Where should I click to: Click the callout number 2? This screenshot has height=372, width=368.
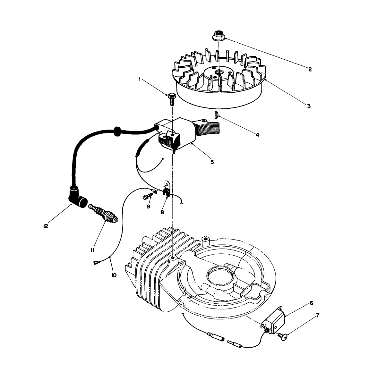click(310, 69)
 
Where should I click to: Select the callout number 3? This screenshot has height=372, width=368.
click(308, 106)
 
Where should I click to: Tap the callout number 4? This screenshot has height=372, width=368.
click(257, 135)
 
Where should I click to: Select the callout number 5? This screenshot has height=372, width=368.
click(212, 162)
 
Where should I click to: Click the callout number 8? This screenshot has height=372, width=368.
click(162, 212)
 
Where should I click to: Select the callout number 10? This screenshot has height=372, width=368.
click(114, 275)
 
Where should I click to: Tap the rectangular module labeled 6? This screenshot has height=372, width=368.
click(275, 321)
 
